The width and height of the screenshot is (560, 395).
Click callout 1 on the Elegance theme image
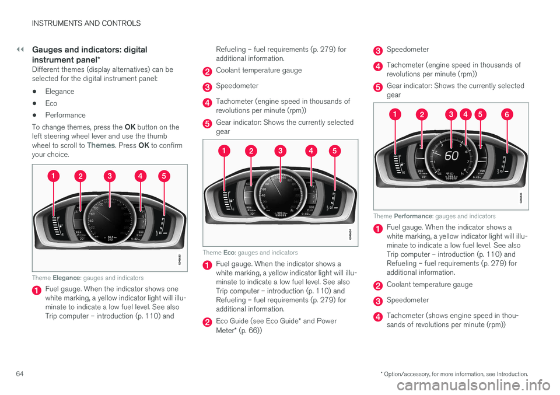click(x=53, y=176)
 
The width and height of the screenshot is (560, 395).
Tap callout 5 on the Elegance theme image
click(x=163, y=176)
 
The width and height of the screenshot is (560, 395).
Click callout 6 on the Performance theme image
click(x=507, y=115)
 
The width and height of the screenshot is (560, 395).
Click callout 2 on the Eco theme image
click(x=251, y=151)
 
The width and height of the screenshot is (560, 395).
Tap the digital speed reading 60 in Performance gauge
click(x=452, y=156)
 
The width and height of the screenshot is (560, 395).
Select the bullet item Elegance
click(x=60, y=92)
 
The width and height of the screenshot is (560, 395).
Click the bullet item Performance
click(x=65, y=115)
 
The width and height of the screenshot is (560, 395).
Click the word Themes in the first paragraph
click(x=100, y=145)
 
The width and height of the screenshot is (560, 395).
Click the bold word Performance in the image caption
click(x=415, y=216)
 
